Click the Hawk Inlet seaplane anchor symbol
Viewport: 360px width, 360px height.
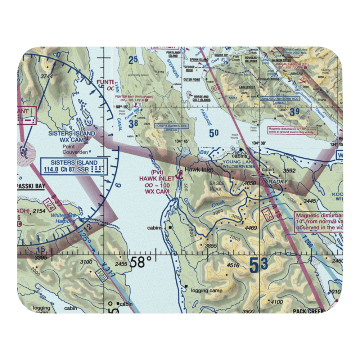(178, 176)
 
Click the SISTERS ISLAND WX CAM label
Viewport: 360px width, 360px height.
(72, 136)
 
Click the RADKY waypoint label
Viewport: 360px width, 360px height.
(278, 182)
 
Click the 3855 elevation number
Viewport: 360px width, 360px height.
(211, 246)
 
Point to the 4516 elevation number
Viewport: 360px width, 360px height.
(233, 266)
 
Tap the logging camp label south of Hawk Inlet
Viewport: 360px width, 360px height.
(207, 291)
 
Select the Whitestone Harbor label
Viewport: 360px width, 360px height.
(63, 218)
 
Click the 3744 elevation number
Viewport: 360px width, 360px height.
(47, 76)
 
